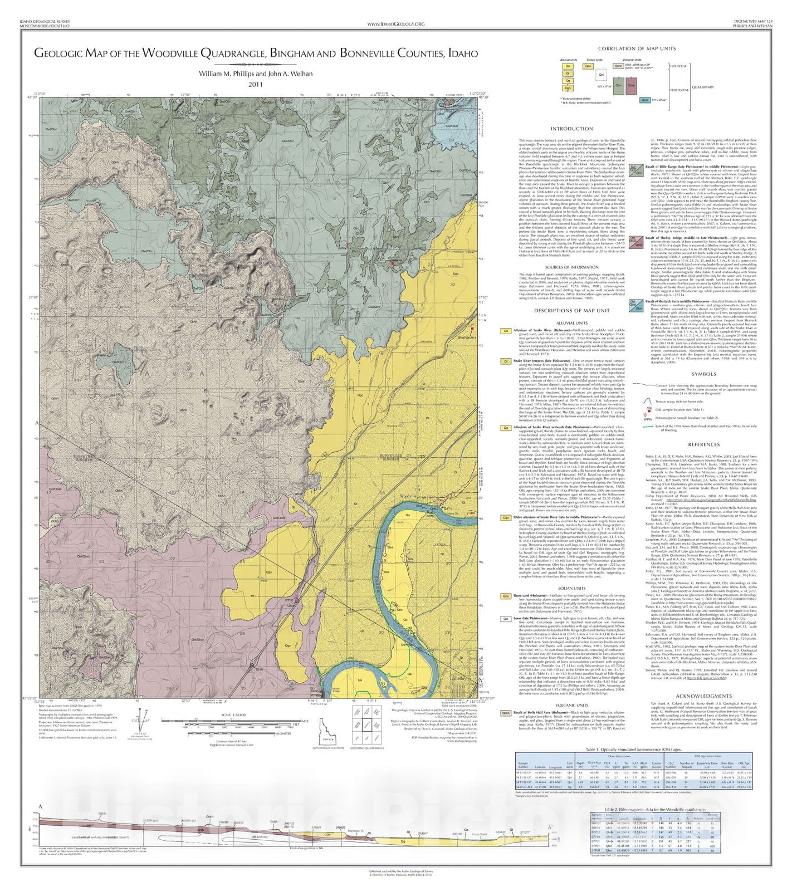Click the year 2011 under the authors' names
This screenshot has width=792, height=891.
tap(256, 85)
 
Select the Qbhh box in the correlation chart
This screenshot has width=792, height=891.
tap(618, 66)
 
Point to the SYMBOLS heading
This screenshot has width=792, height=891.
tap(704, 374)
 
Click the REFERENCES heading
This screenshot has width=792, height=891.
tap(704, 444)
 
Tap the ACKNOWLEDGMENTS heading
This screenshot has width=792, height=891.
tap(703, 696)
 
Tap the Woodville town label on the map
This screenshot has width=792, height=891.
tap(408, 496)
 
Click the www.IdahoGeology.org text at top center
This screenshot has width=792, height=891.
tap(395, 24)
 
